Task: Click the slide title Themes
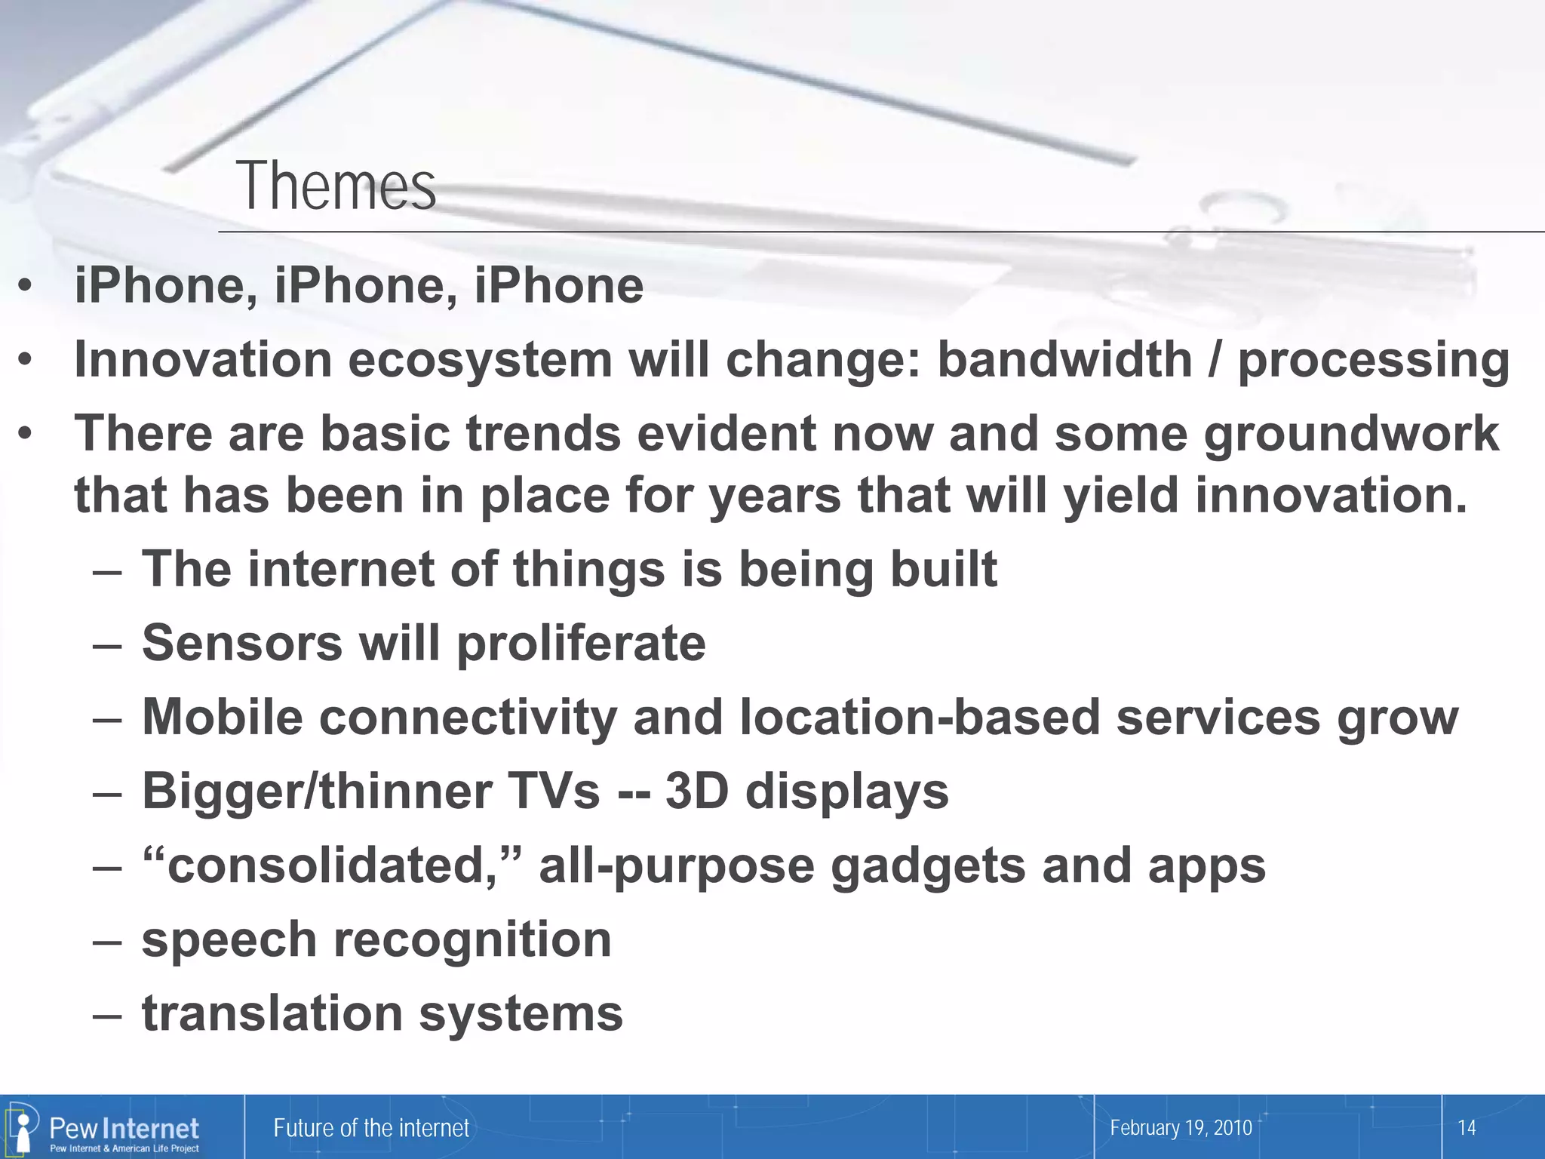(x=336, y=186)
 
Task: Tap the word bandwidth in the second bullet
(x=1064, y=359)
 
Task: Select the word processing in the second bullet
(x=1374, y=361)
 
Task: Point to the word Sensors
(x=242, y=643)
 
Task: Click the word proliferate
(x=581, y=644)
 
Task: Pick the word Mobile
(x=222, y=716)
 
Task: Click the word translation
(x=272, y=1013)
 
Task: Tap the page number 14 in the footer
(x=1466, y=1128)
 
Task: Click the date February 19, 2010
(x=1181, y=1128)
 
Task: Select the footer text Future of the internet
(x=370, y=1128)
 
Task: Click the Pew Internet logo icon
(x=23, y=1127)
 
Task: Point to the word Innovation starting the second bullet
(x=203, y=359)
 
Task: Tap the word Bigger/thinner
(x=317, y=791)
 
